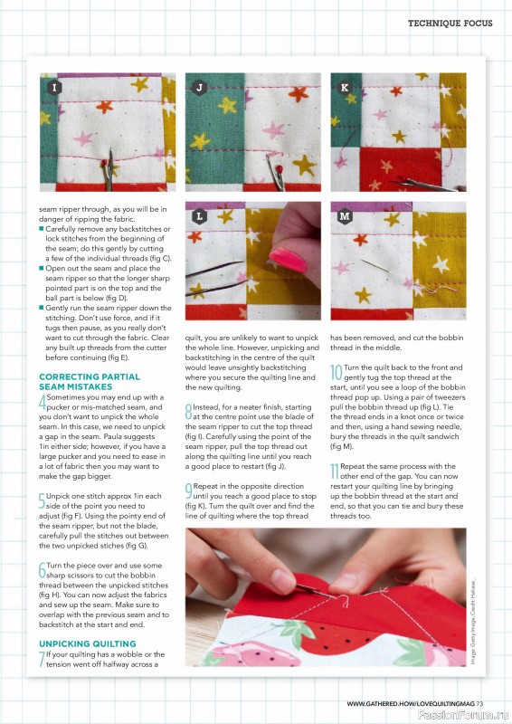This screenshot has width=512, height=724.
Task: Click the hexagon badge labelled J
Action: click(x=199, y=88)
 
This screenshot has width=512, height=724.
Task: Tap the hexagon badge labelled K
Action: click(x=344, y=88)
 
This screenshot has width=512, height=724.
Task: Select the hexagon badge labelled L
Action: click(x=199, y=217)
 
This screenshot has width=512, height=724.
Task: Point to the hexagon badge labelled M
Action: click(x=344, y=217)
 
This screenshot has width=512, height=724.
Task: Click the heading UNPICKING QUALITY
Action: click(x=89, y=643)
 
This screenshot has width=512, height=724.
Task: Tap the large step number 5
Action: click(x=43, y=500)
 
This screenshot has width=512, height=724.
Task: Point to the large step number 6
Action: click(x=43, y=570)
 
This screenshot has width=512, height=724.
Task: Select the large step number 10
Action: click(x=335, y=373)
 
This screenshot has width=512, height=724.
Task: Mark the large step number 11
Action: click(x=334, y=470)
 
